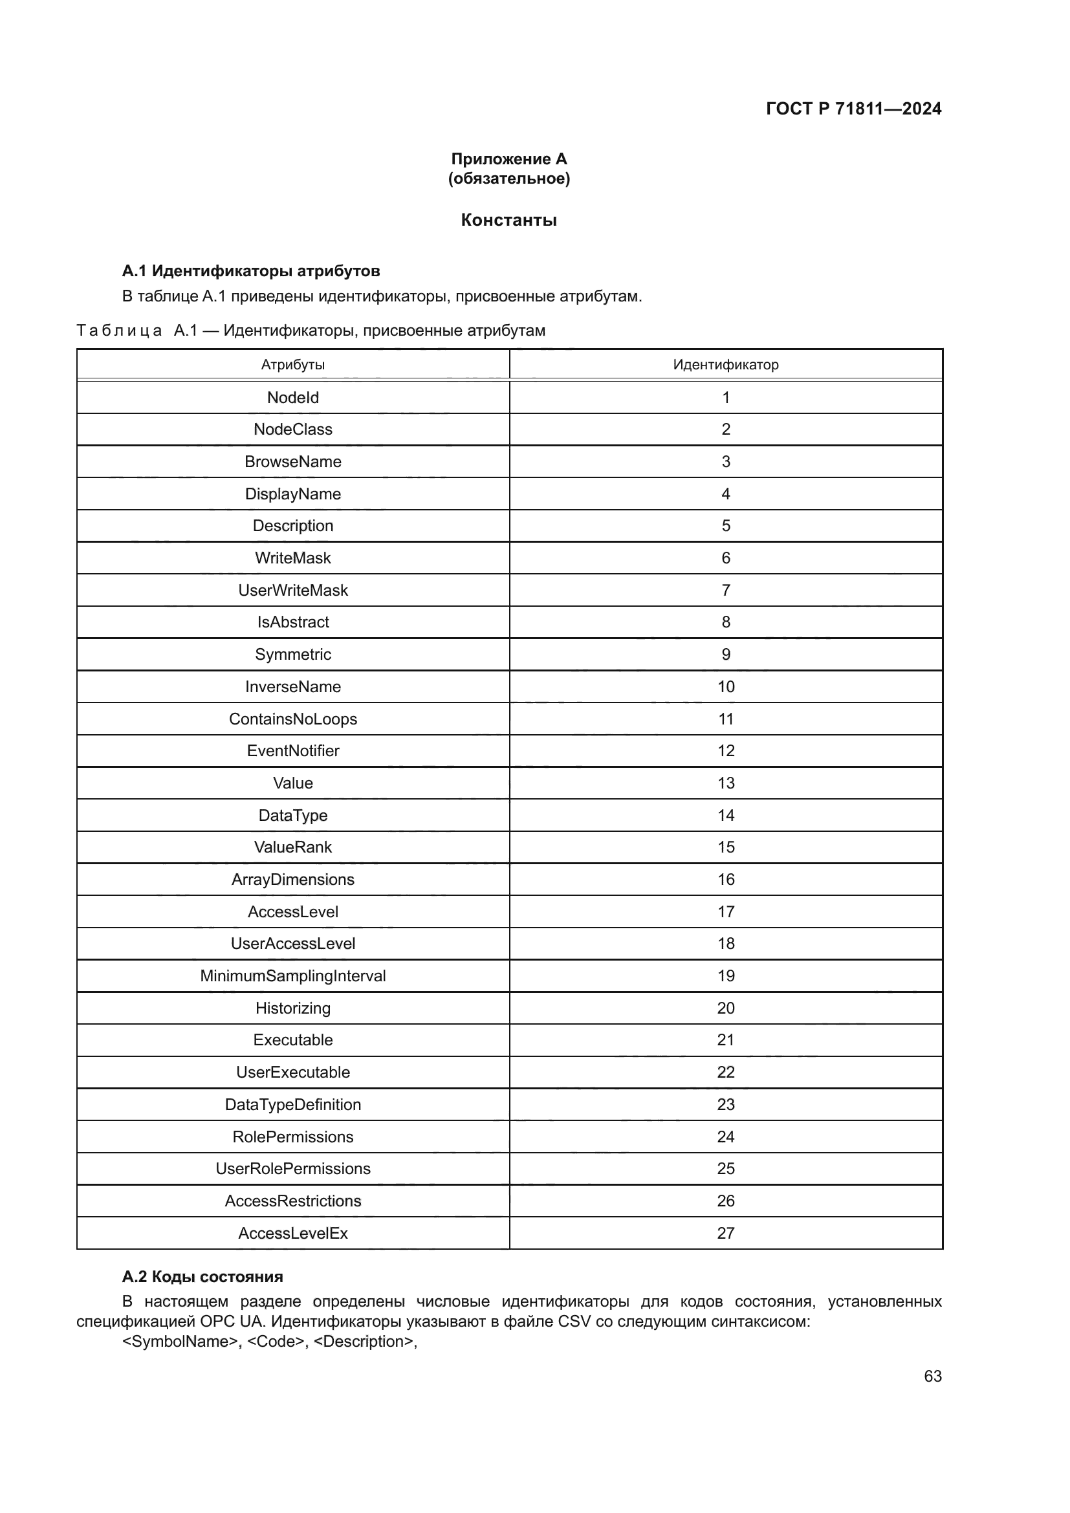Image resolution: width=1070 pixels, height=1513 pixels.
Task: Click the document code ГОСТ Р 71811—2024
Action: [x=853, y=109]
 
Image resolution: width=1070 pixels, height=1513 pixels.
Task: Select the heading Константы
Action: [x=508, y=220]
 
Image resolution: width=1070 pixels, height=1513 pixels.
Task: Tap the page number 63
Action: [x=932, y=1376]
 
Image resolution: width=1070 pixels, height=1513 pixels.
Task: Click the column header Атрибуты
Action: [x=292, y=364]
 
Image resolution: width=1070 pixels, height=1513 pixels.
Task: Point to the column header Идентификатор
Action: [x=725, y=364]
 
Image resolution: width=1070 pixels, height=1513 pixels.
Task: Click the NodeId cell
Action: [x=292, y=397]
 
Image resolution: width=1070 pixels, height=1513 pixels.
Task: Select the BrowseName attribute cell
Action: [x=292, y=461]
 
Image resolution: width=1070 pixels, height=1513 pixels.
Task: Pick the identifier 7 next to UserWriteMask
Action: [x=725, y=590]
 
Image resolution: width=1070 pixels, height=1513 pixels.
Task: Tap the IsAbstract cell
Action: [x=292, y=622]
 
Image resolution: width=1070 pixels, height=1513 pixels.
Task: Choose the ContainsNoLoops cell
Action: [x=292, y=719]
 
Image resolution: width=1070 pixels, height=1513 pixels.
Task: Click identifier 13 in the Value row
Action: [x=725, y=783]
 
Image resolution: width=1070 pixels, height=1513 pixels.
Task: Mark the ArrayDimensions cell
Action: [x=292, y=879]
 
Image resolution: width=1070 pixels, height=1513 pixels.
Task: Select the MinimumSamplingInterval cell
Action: [x=292, y=976]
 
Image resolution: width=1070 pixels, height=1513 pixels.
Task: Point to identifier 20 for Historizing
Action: [x=725, y=1008]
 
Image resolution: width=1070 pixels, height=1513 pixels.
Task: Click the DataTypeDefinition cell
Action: [x=292, y=1104]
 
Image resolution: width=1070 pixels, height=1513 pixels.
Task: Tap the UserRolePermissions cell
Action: [x=292, y=1168]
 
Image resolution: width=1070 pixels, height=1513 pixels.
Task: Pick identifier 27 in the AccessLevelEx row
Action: [x=725, y=1233]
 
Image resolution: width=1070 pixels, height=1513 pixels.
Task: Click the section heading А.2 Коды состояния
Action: [x=202, y=1276]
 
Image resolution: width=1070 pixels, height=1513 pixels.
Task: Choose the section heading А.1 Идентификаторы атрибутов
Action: [x=251, y=271]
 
